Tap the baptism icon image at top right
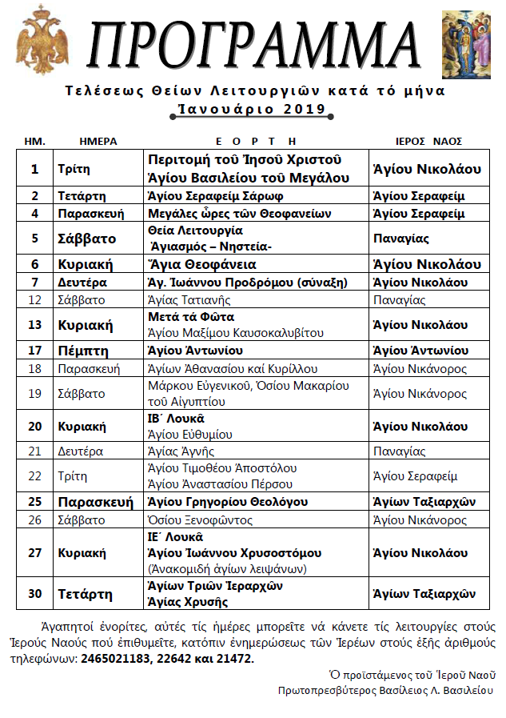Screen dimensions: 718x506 465,40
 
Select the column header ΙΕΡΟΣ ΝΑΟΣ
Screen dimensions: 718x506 429,141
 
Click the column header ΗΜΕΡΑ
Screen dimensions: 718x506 98,141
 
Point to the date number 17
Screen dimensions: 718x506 34,351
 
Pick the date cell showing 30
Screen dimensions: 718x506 34,594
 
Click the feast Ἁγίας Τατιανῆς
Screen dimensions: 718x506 190,300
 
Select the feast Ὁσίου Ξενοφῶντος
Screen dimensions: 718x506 201,520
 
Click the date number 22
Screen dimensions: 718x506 34,476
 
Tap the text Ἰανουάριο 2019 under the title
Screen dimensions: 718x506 253,109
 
